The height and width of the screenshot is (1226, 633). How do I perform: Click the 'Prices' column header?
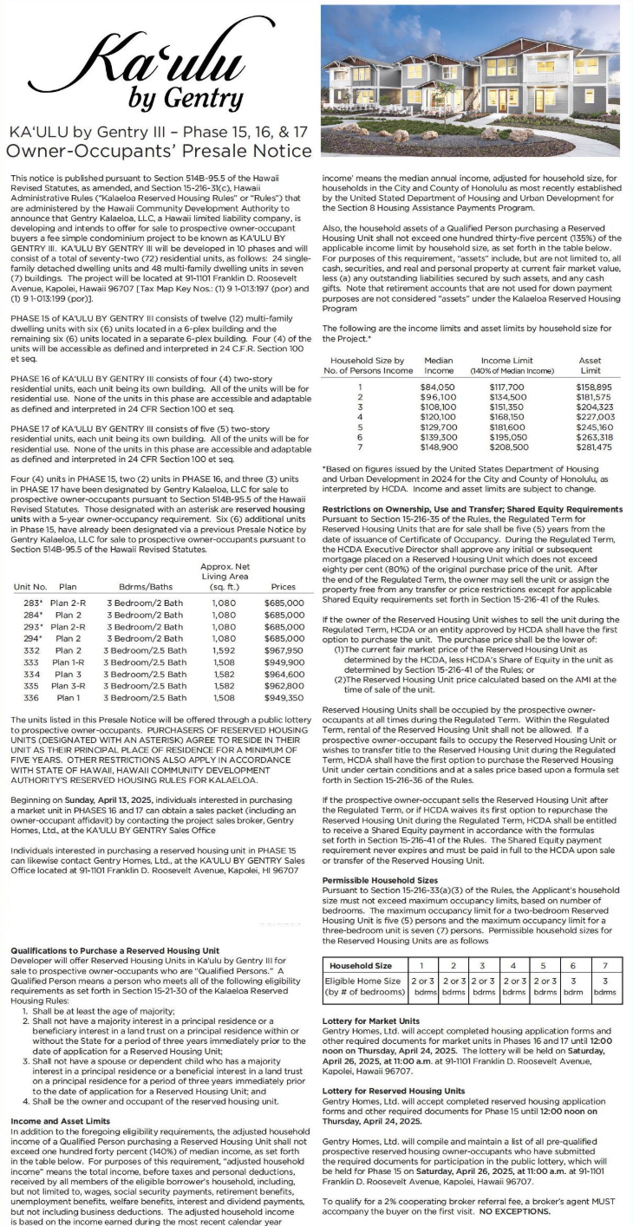pyautogui.click(x=289, y=587)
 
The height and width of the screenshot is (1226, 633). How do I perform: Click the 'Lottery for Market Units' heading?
pyautogui.click(x=370, y=1021)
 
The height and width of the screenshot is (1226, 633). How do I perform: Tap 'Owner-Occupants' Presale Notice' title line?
pyautogui.click(x=160, y=151)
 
